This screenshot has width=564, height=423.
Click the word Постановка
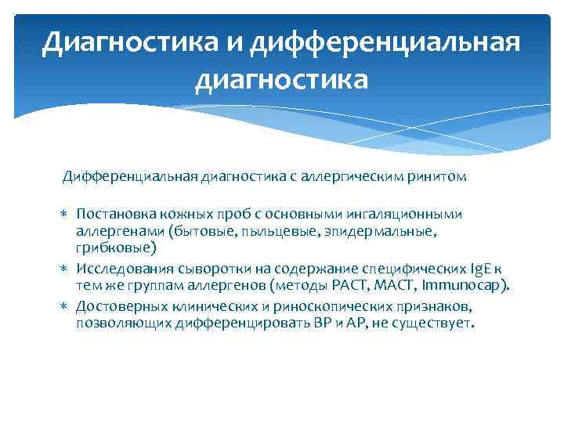[115, 214]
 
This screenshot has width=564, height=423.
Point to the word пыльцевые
[260, 233]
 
